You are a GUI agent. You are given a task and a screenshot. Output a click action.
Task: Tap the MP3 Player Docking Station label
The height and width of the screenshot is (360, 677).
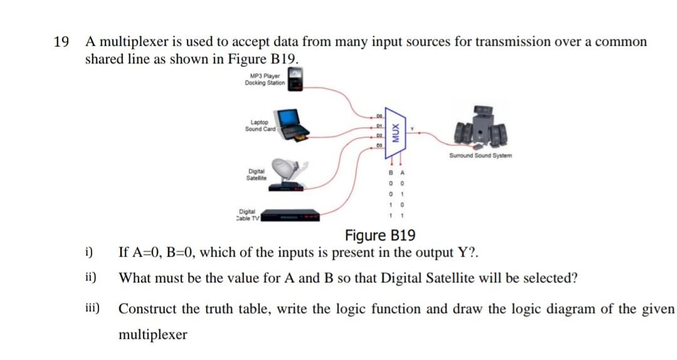[x=265, y=80]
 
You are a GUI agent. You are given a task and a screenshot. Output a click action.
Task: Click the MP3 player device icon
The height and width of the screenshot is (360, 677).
[x=295, y=81]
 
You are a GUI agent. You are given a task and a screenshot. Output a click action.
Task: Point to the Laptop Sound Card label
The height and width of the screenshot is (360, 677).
[x=260, y=125]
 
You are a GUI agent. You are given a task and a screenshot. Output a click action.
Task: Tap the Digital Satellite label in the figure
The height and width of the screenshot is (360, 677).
[x=257, y=174]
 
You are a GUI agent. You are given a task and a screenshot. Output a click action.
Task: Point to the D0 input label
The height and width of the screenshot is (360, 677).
[x=380, y=117]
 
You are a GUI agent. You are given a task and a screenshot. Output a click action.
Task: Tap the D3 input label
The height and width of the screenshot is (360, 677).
[x=380, y=146]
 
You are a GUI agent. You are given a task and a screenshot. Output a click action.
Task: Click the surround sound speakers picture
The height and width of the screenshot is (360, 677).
[x=481, y=129]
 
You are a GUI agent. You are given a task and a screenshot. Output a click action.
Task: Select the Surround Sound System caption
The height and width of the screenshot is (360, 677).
[x=480, y=155]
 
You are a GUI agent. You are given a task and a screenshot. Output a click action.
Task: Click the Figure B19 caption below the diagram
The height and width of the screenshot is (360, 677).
[x=380, y=236]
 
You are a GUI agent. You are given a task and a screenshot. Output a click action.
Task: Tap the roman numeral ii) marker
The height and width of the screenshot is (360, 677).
[x=92, y=277]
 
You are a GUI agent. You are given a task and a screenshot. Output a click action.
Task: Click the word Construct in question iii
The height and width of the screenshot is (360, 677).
[x=147, y=309]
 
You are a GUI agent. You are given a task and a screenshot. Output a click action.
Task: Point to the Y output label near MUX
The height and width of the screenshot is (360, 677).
[x=412, y=129]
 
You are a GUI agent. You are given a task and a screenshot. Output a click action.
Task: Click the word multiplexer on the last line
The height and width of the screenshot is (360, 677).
[x=153, y=334]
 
